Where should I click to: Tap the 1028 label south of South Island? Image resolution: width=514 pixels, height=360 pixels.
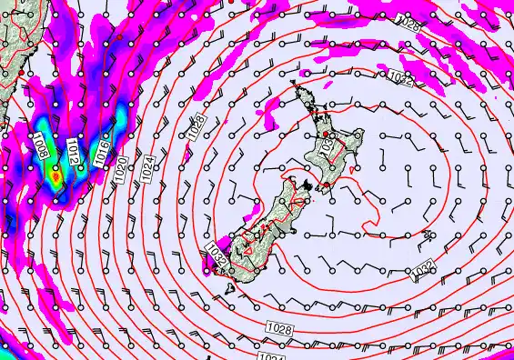[x=279, y=326]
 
